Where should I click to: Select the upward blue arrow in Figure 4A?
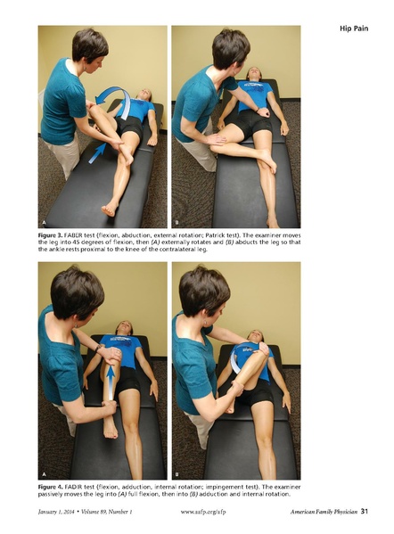(x=111, y=379)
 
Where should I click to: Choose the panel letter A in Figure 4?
(x=45, y=474)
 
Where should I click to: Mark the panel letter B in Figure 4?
(x=178, y=474)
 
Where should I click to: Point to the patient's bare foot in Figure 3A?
(x=110, y=209)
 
